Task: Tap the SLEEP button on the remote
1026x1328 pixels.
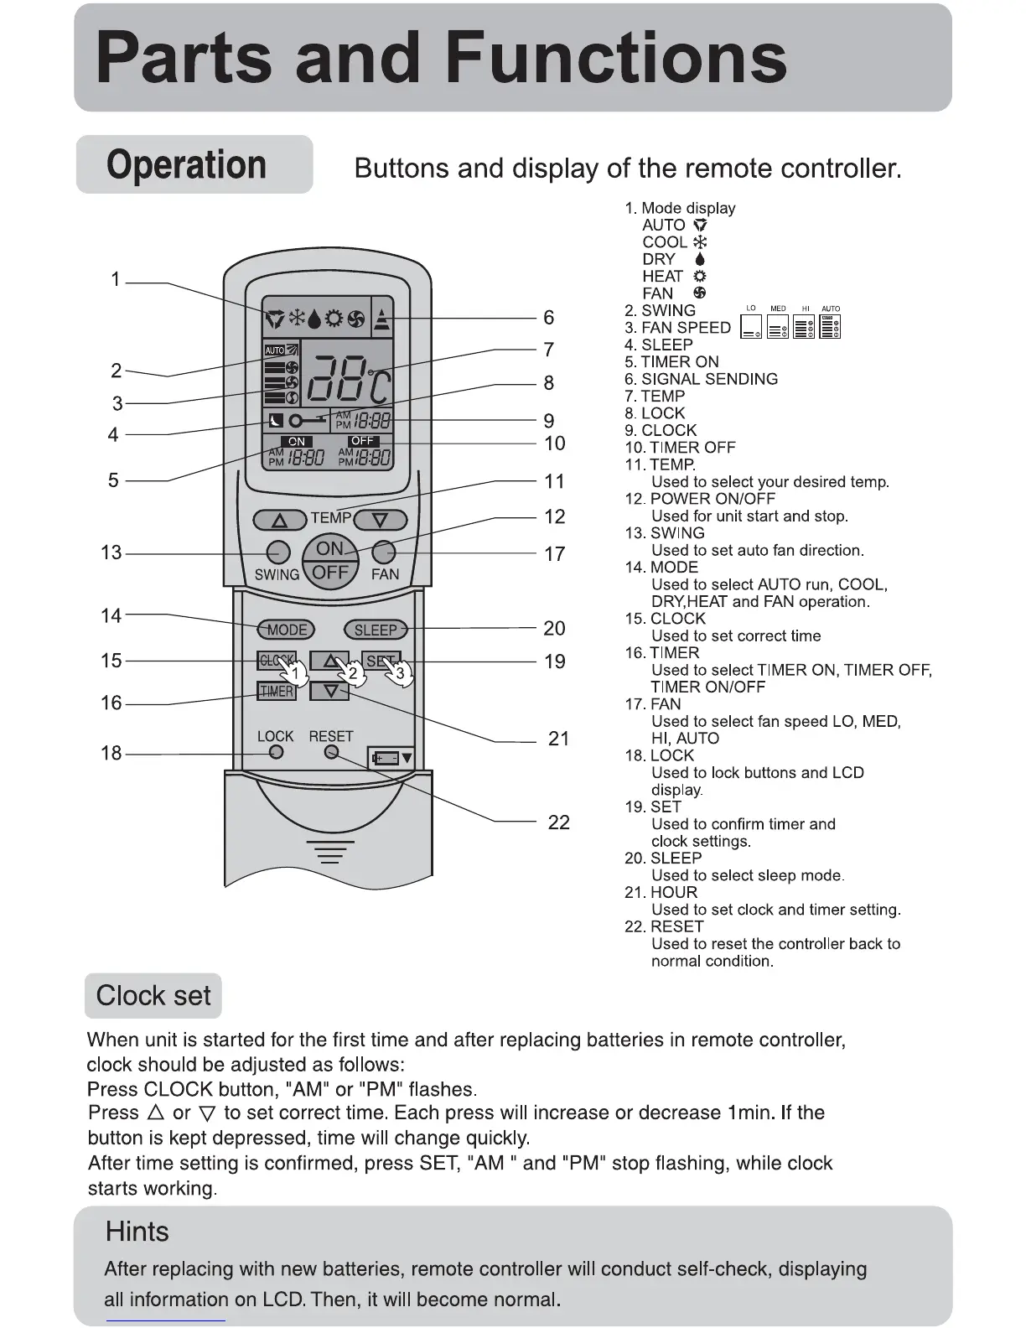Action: pos(376,630)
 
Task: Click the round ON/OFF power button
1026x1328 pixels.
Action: pos(330,561)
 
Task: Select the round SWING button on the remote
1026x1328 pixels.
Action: pos(277,552)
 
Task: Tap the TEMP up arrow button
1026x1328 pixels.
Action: pos(279,521)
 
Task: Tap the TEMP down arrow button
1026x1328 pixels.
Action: pos(380,521)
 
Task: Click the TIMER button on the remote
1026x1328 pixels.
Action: pos(276,691)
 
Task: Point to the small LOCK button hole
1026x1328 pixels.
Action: pos(276,752)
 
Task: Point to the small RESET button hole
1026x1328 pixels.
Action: pos(331,752)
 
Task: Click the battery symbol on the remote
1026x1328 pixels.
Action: pos(391,758)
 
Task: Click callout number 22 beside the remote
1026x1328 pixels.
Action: pos(558,822)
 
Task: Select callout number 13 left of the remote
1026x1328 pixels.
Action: pos(111,553)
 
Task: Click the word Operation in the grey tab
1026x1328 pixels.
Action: pos(187,165)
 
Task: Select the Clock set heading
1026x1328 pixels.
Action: pos(153,996)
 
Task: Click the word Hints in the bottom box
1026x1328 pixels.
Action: pos(137,1232)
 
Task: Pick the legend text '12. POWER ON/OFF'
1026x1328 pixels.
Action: pos(700,499)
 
